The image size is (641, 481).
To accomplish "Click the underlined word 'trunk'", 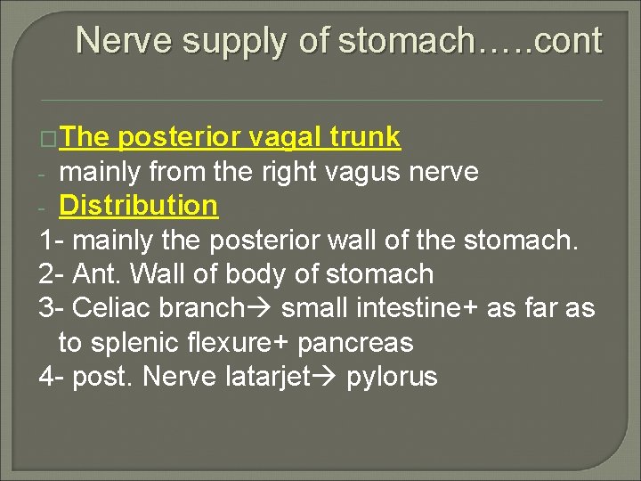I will point(366,137).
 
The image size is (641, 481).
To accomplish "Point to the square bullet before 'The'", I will point(50,139).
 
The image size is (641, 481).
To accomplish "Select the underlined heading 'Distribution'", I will point(138,205).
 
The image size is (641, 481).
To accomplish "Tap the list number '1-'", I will point(52,240).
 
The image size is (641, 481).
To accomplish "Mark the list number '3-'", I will point(52,308).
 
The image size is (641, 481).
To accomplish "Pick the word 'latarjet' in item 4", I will point(277,377).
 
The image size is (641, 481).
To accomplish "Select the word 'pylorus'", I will point(392,377).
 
